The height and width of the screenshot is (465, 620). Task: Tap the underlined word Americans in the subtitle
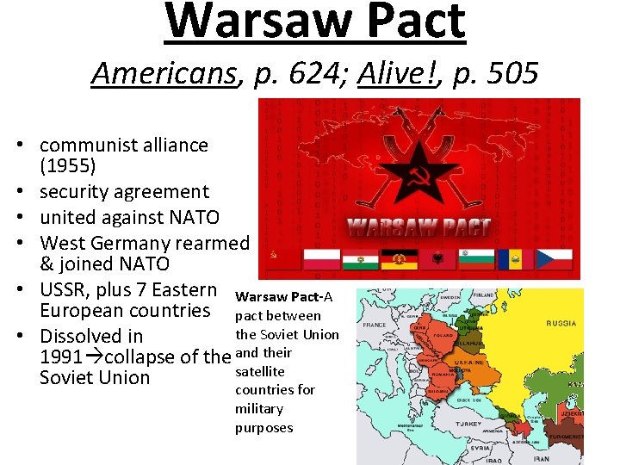164,74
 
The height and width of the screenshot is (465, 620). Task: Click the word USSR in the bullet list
65,290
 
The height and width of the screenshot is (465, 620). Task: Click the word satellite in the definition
259,371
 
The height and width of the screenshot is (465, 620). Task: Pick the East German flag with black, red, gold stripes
399,258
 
